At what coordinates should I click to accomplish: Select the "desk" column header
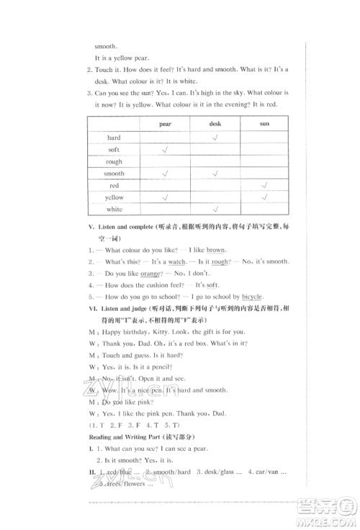215,125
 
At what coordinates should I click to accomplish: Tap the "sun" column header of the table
264,125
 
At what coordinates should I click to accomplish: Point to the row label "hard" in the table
114,138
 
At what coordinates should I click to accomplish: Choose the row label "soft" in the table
114,150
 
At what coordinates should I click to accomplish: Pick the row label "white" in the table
114,209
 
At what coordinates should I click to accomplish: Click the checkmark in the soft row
166,149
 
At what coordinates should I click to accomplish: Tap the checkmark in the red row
264,185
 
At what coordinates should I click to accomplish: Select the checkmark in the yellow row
264,197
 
